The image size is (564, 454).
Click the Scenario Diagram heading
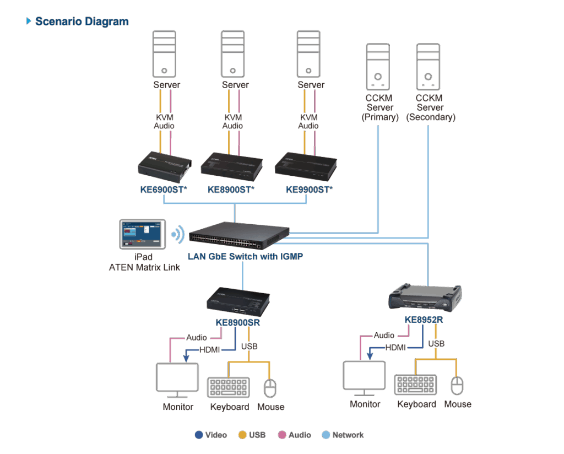pos(82,21)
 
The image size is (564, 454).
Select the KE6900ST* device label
pos(164,190)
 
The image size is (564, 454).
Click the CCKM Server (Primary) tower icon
pos(378,67)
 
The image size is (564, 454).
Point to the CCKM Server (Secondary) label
pos(431,107)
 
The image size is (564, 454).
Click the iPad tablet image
pos(143,234)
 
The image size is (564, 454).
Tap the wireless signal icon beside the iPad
pos(178,235)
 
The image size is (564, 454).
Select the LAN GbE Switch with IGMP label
pos(245,257)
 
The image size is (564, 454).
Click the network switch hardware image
pos(239,236)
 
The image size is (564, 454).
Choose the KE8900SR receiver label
pos(238,322)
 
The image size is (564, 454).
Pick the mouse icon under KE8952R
pos(457,386)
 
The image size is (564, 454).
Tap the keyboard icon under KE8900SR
pos(229,387)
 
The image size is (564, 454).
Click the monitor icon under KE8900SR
pos(177,380)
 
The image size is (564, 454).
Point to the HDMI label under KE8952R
pos(395,348)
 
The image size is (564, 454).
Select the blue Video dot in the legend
pos(199,435)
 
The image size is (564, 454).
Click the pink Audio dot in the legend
pos(282,435)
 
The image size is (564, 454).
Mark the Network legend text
pos(348,435)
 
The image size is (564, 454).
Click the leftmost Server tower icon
pos(164,54)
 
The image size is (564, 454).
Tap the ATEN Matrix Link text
pos(145,267)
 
